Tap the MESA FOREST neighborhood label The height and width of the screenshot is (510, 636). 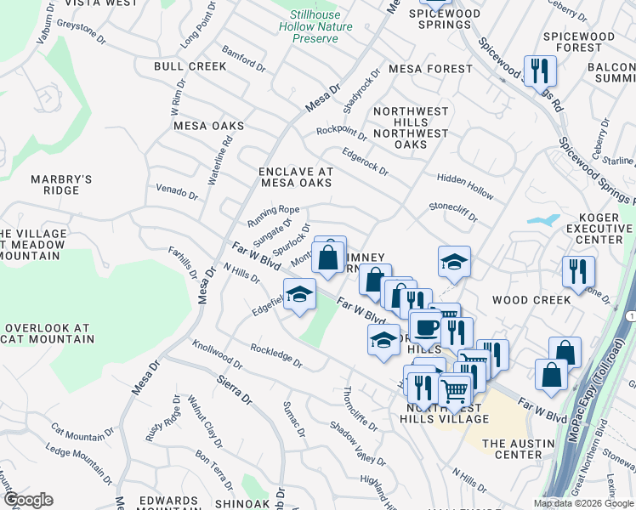pos(429,69)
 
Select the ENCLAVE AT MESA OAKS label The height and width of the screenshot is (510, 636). pos(296,177)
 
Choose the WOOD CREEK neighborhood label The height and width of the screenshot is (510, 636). pos(531,300)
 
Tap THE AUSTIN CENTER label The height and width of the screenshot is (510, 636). pos(524,449)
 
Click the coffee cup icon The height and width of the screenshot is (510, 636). pos(425,326)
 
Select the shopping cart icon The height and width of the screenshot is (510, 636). pos(456,390)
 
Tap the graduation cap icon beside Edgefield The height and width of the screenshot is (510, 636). pos(298,295)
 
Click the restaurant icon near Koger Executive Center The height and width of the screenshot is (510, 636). pos(576,271)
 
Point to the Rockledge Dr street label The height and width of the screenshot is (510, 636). pos(276,355)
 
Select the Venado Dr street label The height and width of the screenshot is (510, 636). pos(176,191)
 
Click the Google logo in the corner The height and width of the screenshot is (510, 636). pos(27,500)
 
